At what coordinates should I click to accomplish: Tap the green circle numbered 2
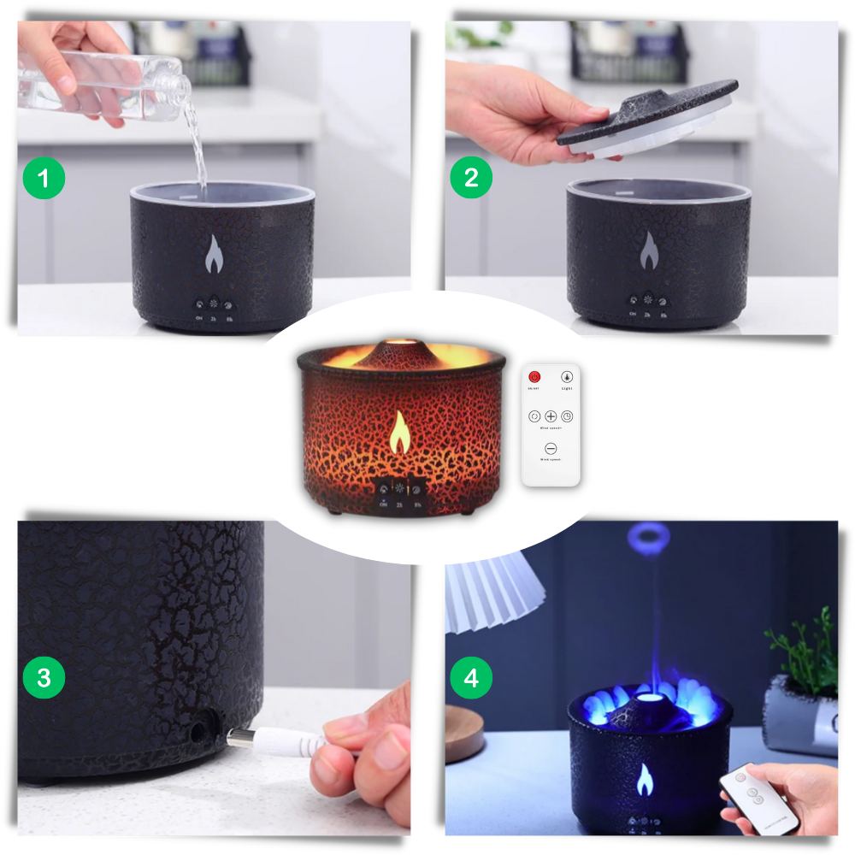(x=471, y=178)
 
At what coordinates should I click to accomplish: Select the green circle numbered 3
(x=44, y=678)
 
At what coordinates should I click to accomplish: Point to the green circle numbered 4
(x=471, y=679)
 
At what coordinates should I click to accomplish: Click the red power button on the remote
(x=535, y=377)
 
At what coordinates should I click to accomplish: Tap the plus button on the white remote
(x=551, y=416)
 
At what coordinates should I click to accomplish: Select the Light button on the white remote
(x=566, y=377)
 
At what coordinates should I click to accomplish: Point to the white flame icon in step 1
(x=214, y=252)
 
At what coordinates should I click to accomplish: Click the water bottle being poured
(x=111, y=81)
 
